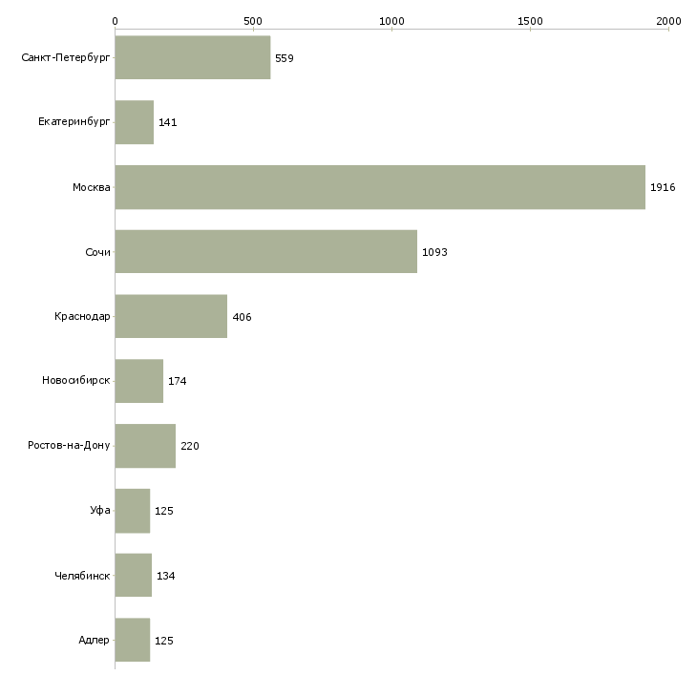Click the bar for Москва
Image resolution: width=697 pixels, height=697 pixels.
(x=380, y=187)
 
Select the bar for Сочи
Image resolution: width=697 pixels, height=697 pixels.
(x=265, y=252)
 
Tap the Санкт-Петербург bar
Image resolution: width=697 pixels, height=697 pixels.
(x=192, y=57)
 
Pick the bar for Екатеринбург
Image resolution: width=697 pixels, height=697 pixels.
(x=134, y=122)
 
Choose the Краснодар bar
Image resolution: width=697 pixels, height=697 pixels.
(x=171, y=316)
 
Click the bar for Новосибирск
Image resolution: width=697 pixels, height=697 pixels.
(x=138, y=381)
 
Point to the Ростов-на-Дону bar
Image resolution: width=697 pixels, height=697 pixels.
(x=145, y=446)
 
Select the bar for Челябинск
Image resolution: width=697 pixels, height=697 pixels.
(x=133, y=576)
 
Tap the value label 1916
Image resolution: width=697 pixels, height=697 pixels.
(x=663, y=187)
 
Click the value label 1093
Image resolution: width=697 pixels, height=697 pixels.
(x=434, y=252)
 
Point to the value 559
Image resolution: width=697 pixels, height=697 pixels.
(x=284, y=57)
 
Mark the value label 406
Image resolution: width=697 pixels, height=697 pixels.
(x=242, y=317)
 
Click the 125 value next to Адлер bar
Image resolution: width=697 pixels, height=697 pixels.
(x=163, y=641)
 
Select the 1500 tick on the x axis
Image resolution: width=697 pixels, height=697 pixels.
(x=530, y=20)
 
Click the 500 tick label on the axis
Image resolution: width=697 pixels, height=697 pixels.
(x=253, y=20)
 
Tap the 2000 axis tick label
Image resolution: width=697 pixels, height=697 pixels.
(x=668, y=20)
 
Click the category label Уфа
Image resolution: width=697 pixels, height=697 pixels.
(x=100, y=511)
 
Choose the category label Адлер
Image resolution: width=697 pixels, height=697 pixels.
(x=94, y=641)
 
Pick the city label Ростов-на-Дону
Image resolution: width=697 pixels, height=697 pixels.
(x=69, y=446)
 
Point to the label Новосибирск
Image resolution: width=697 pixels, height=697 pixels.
(x=75, y=381)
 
